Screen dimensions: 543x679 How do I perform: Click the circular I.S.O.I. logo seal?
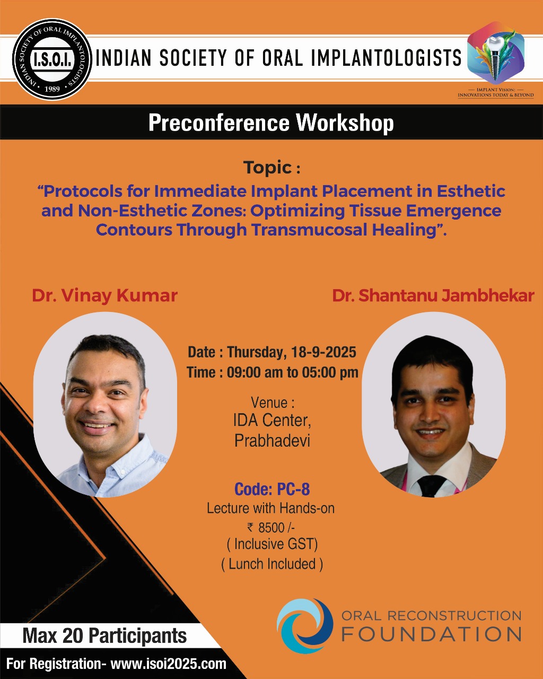[52, 59]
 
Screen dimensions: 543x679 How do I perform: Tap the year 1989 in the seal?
[52, 89]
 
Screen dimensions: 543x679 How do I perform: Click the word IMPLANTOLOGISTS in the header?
[386, 58]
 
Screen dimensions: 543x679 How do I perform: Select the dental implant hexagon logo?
[496, 53]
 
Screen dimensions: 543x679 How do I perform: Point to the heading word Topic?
[267, 167]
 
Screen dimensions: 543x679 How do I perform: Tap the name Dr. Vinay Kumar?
[104, 295]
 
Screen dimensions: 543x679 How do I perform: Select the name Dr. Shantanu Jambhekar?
[433, 295]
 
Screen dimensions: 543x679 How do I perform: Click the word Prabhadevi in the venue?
[272, 440]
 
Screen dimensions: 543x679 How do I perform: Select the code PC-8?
[293, 489]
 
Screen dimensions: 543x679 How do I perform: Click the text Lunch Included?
[272, 564]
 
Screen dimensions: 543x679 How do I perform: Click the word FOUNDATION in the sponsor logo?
[432, 635]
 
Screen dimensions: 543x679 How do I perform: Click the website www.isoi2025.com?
[169, 664]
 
